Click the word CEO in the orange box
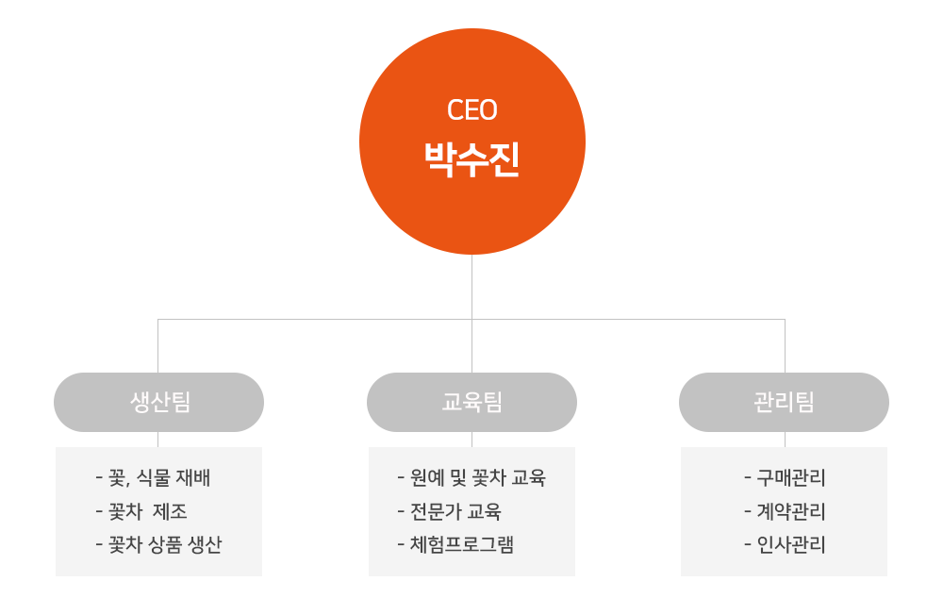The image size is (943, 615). click(x=471, y=110)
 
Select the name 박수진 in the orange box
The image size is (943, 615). click(x=471, y=159)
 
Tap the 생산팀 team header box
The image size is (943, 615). click(x=159, y=403)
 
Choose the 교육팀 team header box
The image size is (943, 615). click(x=471, y=403)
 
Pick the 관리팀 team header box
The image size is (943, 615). click(x=784, y=403)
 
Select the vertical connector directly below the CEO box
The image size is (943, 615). click(x=471, y=286)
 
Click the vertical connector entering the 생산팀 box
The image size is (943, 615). click(x=158, y=345)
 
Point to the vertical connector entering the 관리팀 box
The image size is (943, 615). click(x=785, y=345)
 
